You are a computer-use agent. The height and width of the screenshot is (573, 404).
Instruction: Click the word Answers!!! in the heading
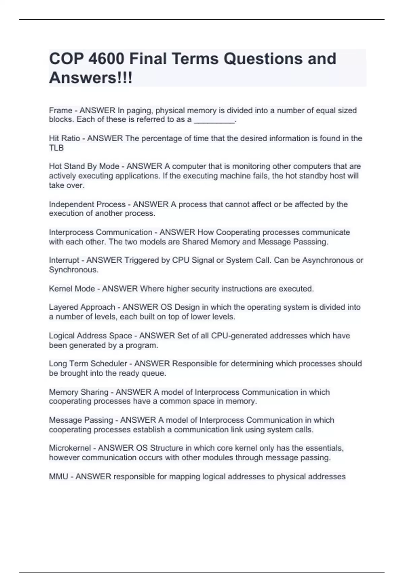pyautogui.click(x=91, y=78)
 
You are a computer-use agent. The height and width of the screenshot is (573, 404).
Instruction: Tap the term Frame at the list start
pyautogui.click(x=61, y=110)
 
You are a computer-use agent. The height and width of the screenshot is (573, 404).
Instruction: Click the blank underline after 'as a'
pyautogui.click(x=214, y=120)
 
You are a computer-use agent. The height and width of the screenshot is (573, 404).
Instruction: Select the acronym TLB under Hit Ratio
pyautogui.click(x=56, y=148)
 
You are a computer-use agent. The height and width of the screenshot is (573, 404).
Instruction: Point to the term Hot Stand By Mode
pyautogui.click(x=84, y=166)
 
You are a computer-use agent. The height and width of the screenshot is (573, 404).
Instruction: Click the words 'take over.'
pyautogui.click(x=67, y=185)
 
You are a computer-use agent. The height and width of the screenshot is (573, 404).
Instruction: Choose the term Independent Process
pyautogui.click(x=87, y=204)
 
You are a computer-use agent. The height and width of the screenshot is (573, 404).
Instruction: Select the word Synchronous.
pyautogui.click(x=73, y=270)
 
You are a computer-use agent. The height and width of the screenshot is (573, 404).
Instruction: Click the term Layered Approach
pyautogui.click(x=82, y=307)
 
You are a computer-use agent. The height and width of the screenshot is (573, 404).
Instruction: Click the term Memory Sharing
pyautogui.click(x=78, y=392)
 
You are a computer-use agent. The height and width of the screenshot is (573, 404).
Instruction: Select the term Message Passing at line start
pyautogui.click(x=81, y=420)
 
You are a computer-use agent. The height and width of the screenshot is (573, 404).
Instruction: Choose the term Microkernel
pyautogui.click(x=70, y=448)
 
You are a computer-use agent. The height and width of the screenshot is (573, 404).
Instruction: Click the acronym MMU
pyautogui.click(x=58, y=477)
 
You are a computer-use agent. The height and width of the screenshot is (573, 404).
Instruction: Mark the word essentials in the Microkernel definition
pyautogui.click(x=324, y=448)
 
